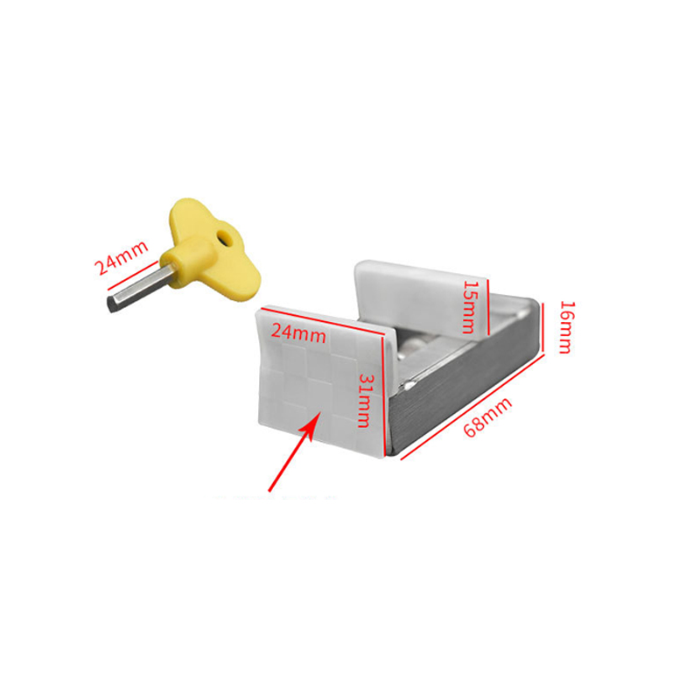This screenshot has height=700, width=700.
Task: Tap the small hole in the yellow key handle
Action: (227, 237)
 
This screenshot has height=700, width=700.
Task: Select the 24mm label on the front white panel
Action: (298, 332)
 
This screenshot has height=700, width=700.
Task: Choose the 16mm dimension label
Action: (563, 326)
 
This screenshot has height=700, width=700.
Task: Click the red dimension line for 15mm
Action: (489, 306)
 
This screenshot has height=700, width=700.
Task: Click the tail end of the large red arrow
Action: (272, 486)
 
